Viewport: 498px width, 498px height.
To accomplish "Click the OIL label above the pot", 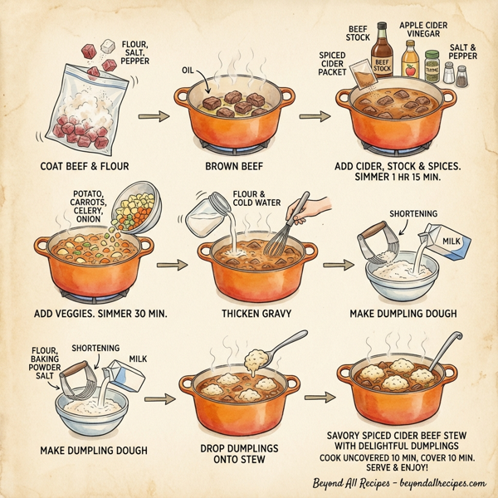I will [187, 71].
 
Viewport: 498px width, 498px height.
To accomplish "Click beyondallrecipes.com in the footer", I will [432, 483].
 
